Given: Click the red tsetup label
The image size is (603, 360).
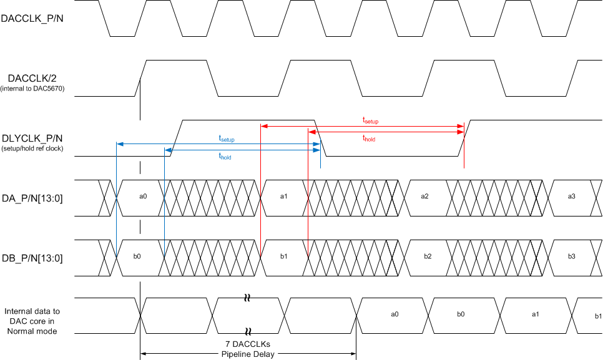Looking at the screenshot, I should pos(371,120).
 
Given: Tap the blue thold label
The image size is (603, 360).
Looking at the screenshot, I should pos(225,157).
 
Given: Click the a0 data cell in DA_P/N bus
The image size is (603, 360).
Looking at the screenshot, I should pos(142,197).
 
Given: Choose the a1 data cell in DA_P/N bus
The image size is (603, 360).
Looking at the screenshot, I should pos(283,197).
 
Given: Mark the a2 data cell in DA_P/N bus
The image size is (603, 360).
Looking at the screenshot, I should pos(424,197).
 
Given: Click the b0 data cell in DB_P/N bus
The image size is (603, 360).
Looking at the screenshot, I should pos(137,256).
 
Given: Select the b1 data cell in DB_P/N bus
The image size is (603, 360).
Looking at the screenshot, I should pos(283,256).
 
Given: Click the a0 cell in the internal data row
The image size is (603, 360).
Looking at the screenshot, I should pos(395,314).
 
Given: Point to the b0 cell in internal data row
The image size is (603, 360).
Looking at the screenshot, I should pos(461,314).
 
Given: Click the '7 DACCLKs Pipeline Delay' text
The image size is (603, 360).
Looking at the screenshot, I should pos(248,349).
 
